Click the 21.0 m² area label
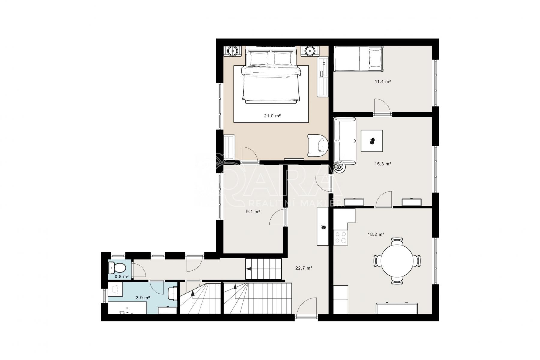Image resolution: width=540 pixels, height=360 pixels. click(x=272, y=115)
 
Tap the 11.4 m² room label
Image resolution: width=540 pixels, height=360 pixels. click(x=382, y=81)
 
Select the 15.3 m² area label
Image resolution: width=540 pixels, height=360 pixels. click(x=383, y=164)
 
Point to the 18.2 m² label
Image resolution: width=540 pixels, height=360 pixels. click(x=376, y=235)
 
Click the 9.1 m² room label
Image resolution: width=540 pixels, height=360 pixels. click(x=253, y=211)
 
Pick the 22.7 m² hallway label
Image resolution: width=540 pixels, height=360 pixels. click(x=304, y=268)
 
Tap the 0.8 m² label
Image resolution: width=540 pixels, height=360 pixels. click(x=122, y=276)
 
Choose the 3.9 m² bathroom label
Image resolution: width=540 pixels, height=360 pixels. click(x=143, y=298)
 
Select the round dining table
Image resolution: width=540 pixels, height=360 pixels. click(x=397, y=261)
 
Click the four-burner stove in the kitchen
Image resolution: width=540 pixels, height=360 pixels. click(x=340, y=237)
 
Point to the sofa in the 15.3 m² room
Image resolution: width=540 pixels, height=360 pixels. click(x=345, y=141)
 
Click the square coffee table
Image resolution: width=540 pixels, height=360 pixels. click(x=372, y=141)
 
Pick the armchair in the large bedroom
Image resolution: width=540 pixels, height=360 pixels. click(x=318, y=145)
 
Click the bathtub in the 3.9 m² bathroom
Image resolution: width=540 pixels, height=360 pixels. click(x=127, y=308)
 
